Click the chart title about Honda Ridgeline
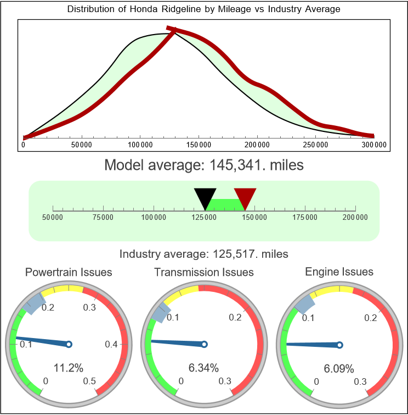(x=203, y=9)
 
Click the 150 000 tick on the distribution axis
(x=199, y=145)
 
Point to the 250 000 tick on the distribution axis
(x=316, y=145)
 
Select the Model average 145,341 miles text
(x=203, y=164)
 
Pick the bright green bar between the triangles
(x=225, y=204)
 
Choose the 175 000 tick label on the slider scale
(x=305, y=218)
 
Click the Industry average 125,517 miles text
(x=203, y=254)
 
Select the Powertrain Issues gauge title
(x=69, y=272)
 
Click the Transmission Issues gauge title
(x=204, y=272)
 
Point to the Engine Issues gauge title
(x=339, y=272)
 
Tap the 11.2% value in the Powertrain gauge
(x=69, y=368)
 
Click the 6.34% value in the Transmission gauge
(x=204, y=368)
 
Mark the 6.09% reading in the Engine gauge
(x=339, y=368)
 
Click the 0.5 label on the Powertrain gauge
(x=89, y=381)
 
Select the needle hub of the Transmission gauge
(x=204, y=345)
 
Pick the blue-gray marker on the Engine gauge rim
(x=305, y=302)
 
